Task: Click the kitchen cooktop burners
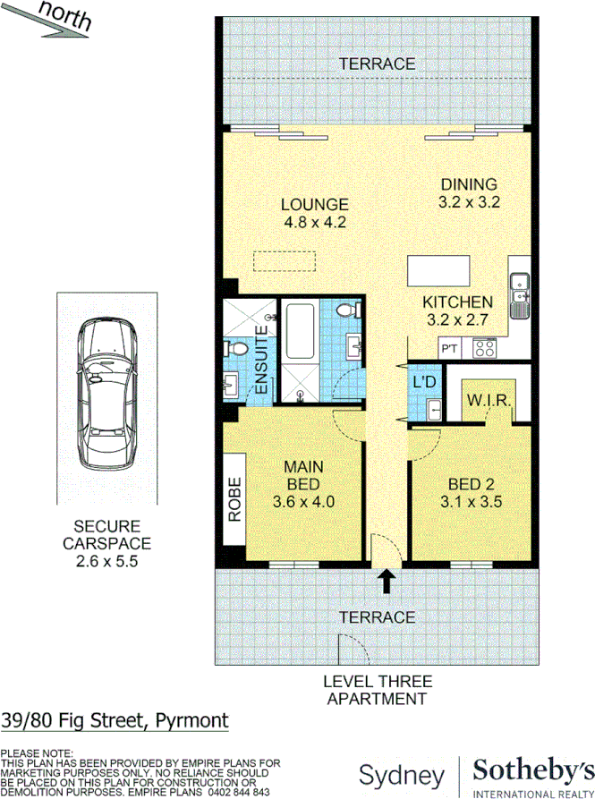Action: [483, 347]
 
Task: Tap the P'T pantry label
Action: [448, 348]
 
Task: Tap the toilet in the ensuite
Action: [238, 348]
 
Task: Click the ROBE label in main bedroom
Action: [235, 500]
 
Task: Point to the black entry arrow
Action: [387, 582]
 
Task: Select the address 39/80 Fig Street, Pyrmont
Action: [115, 720]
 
